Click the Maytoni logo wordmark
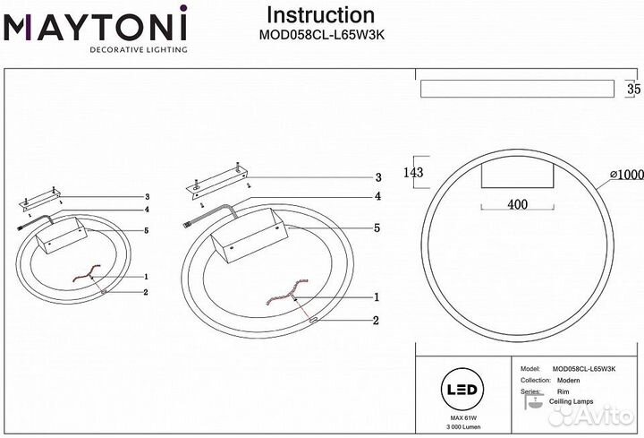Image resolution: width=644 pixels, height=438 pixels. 95,26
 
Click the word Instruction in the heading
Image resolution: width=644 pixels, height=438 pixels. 321,15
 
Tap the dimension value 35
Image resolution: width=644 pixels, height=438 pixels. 633,89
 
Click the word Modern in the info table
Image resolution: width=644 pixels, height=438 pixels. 568,381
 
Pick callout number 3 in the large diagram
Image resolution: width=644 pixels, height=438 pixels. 378,177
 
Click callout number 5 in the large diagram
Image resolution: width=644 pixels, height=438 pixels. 377,228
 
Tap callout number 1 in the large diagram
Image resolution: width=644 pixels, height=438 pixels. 377,296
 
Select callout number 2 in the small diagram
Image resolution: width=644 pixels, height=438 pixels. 146,291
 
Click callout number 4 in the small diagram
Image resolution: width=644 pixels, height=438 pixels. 146,210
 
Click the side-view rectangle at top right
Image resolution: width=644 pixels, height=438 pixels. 516,89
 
